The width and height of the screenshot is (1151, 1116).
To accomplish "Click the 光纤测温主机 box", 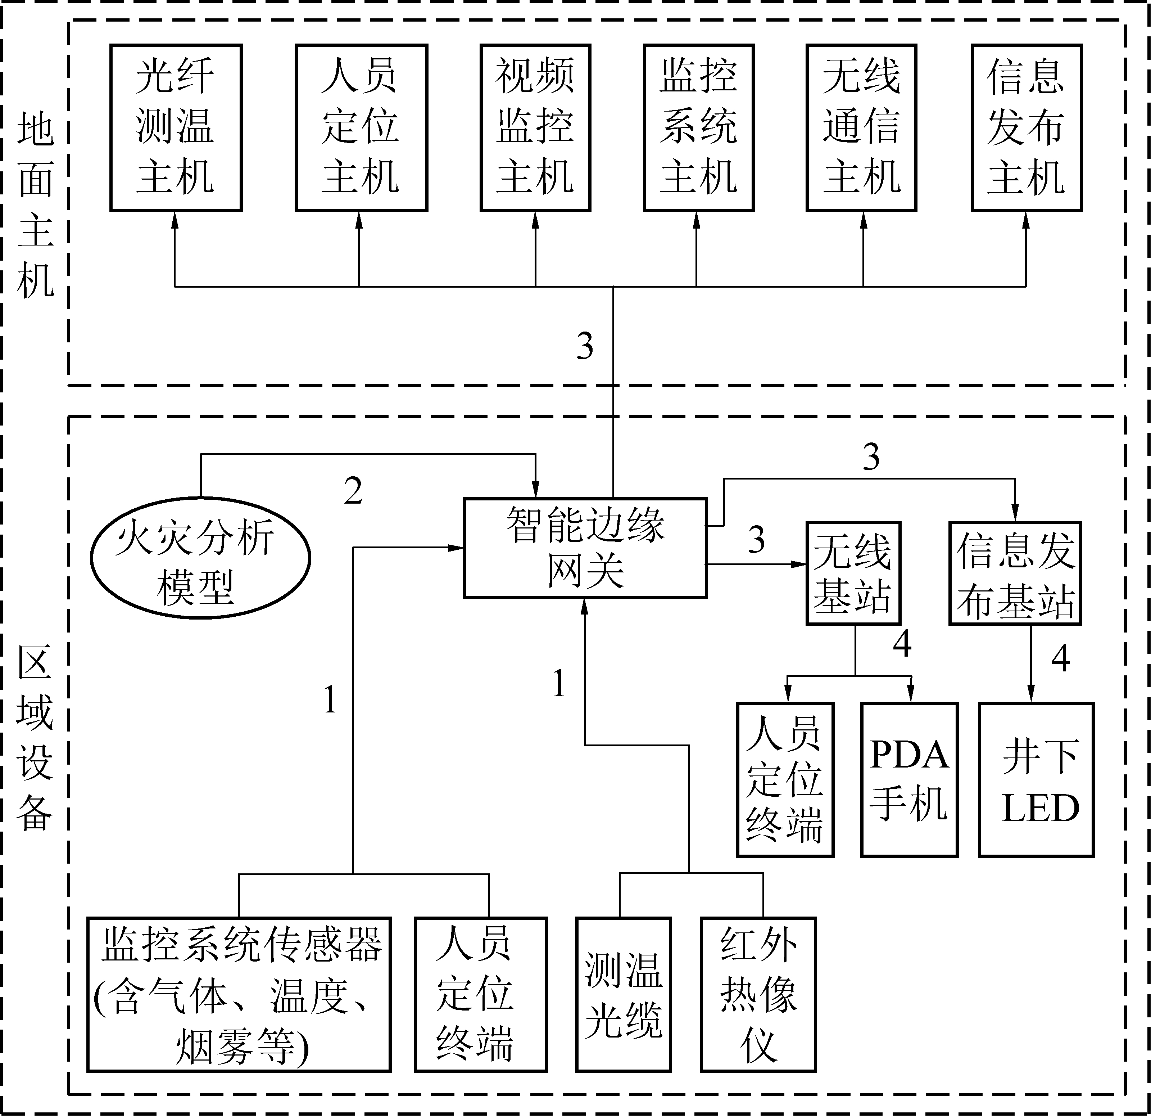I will tap(176, 127).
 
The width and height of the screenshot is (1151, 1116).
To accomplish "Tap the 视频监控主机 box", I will tap(535, 127).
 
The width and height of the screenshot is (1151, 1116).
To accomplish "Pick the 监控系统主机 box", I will tap(698, 127).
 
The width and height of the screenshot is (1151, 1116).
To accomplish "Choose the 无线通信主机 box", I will tap(861, 127).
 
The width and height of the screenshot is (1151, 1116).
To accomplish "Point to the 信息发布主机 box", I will tap(1026, 127).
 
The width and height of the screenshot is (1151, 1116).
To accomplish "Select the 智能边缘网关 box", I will tap(585, 548).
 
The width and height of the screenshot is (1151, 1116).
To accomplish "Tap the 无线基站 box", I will tap(853, 573).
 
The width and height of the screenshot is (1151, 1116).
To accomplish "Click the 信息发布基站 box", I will tap(1015, 573).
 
